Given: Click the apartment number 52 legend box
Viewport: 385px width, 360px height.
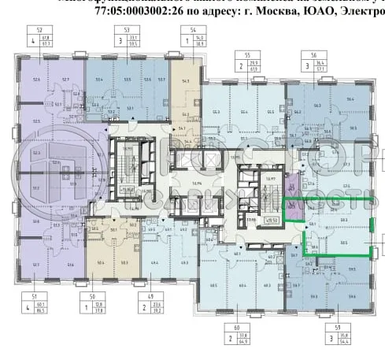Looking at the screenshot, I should (x=37, y=37).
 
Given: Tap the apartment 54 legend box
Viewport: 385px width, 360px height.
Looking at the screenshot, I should (x=190, y=37).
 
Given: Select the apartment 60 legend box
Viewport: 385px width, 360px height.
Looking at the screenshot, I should (x=234, y=338).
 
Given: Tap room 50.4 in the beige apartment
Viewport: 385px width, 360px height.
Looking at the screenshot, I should (x=100, y=261).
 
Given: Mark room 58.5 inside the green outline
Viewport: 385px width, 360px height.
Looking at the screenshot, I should (x=344, y=243).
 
